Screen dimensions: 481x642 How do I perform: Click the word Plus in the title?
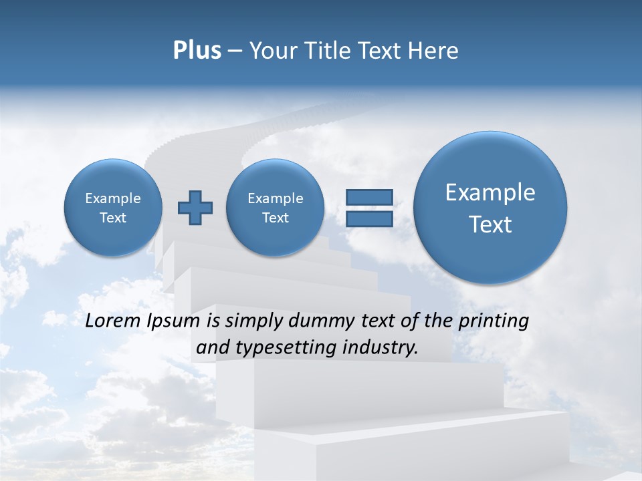click(x=197, y=51)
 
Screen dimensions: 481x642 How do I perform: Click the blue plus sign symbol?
click(x=195, y=208)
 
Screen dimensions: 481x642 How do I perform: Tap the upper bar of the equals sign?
click(x=369, y=197)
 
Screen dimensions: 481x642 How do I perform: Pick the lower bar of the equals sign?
click(x=369, y=219)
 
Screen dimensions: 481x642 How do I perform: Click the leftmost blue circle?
click(x=113, y=208)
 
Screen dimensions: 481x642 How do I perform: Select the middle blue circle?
click(x=275, y=208)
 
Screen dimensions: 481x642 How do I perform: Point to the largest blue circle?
click(x=490, y=208)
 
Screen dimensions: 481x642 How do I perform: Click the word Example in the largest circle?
click(x=490, y=192)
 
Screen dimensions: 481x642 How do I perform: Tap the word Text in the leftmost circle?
click(x=113, y=218)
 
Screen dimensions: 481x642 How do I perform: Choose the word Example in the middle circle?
click(x=275, y=198)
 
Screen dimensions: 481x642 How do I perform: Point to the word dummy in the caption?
click(x=314, y=321)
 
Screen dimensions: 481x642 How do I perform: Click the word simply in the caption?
click(x=253, y=321)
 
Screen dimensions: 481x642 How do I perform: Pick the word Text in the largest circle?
click(x=490, y=224)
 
